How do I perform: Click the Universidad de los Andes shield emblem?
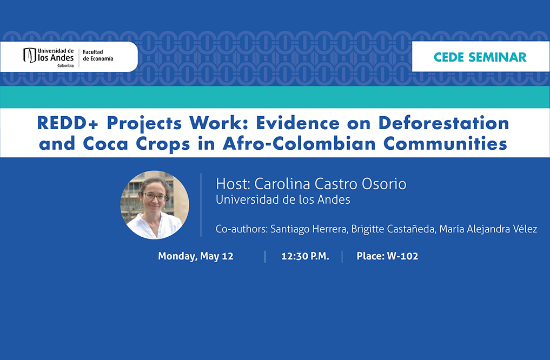(30, 55)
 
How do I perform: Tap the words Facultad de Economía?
(98, 55)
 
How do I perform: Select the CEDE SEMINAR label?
(480, 57)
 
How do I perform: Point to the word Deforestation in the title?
(443, 123)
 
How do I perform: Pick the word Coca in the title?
(105, 144)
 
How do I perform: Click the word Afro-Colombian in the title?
(299, 144)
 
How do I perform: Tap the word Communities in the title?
(445, 144)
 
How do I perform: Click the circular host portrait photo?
(155, 205)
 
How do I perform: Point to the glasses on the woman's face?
(154, 197)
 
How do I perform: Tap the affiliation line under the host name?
(283, 199)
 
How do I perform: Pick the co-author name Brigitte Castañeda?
(393, 229)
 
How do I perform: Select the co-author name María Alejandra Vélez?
(488, 229)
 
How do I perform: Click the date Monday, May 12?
(195, 256)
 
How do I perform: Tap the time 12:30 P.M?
(305, 256)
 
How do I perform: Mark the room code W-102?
(402, 256)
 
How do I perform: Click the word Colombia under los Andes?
(65, 65)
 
